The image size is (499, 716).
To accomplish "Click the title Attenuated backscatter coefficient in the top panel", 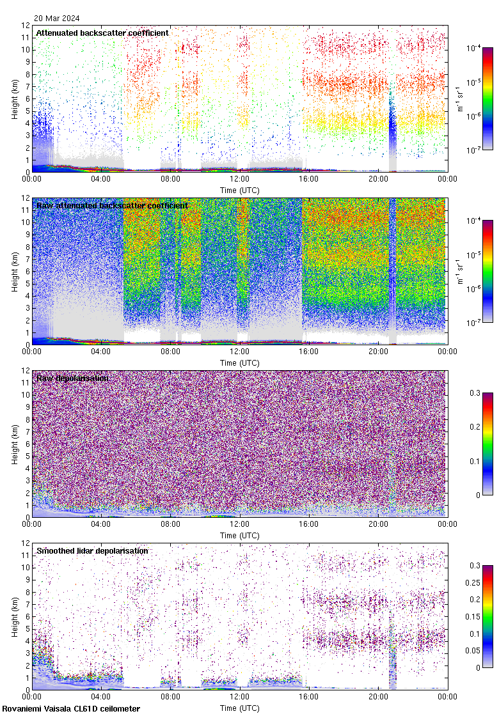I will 102,33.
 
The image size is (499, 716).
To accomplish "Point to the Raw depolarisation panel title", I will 72,378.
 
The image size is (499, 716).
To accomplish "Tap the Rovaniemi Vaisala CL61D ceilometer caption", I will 71,708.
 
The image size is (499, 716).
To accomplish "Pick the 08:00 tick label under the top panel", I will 170,180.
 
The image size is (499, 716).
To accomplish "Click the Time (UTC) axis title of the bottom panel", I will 240,708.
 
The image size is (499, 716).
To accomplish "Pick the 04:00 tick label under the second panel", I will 101,352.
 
